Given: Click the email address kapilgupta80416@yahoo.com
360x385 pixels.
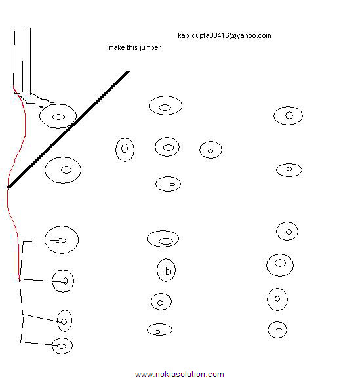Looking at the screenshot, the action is click(x=224, y=36).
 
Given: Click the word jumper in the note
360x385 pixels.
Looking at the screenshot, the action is click(x=150, y=48).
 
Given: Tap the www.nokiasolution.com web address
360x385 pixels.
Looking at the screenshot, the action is click(x=179, y=375).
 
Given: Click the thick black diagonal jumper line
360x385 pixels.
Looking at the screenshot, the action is click(x=69, y=129).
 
